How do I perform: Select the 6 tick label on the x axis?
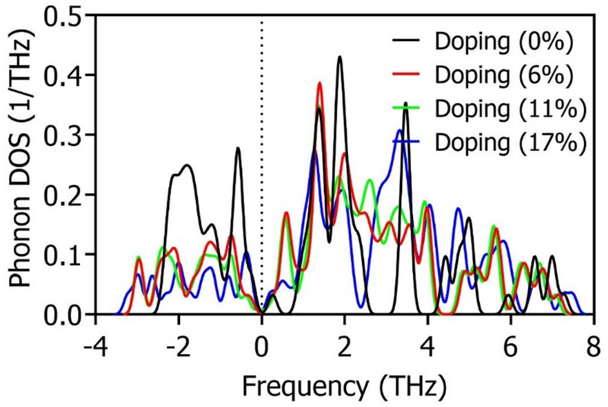[x=511, y=346]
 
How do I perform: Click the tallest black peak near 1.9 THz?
[x=340, y=56]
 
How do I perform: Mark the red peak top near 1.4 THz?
[x=319, y=83]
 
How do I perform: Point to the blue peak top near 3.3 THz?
[x=400, y=130]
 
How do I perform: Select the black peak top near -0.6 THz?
[x=237, y=148]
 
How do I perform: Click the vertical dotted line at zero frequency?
[x=261, y=171]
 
